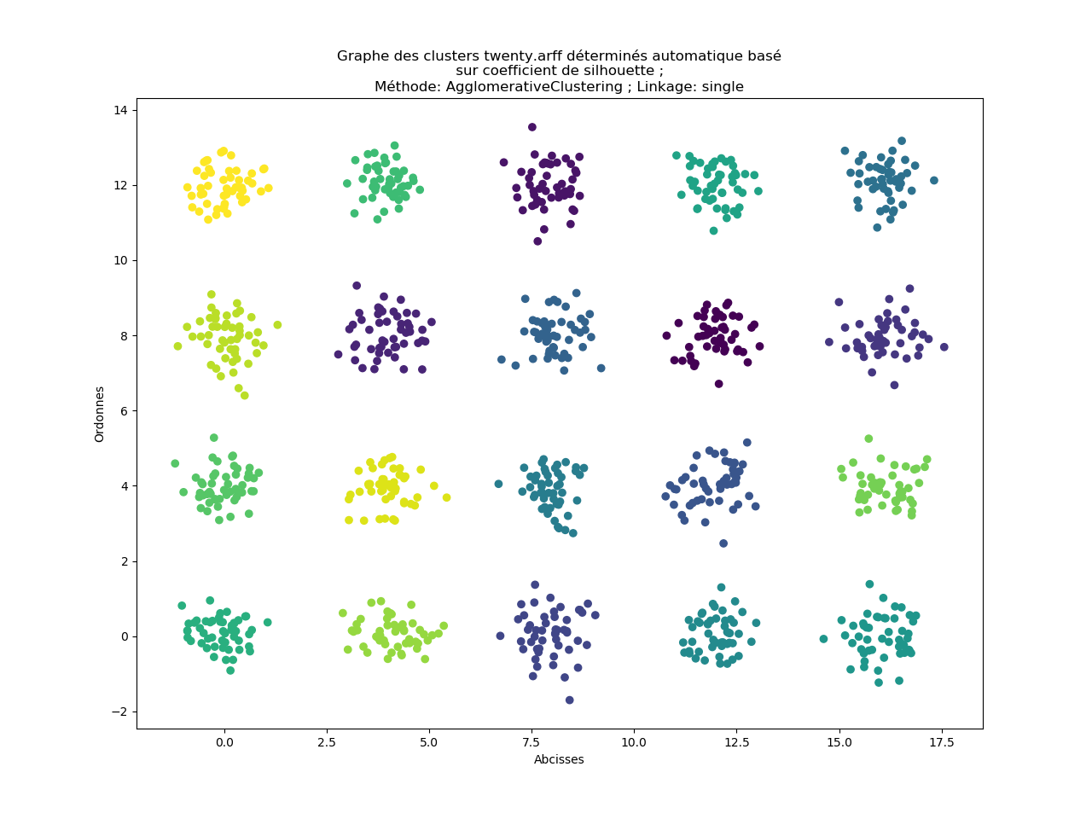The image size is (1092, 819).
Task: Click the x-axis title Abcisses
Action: (x=559, y=759)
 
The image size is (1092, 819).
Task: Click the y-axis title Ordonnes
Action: (x=100, y=414)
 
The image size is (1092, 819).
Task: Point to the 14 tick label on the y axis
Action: (x=121, y=110)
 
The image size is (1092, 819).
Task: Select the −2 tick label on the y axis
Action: (x=118, y=712)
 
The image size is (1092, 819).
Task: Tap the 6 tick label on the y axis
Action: (x=124, y=410)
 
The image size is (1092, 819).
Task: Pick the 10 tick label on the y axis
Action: (x=121, y=260)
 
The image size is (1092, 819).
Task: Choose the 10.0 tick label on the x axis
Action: (x=634, y=743)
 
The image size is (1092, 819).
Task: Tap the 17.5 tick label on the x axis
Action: (x=942, y=743)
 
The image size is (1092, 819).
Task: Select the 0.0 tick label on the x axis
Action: (x=224, y=743)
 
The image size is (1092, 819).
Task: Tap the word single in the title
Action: (x=722, y=87)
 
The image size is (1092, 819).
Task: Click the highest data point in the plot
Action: (x=532, y=127)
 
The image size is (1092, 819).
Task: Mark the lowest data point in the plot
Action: (x=570, y=700)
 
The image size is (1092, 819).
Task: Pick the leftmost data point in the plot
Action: (x=175, y=463)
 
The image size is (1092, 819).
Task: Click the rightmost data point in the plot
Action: (x=944, y=347)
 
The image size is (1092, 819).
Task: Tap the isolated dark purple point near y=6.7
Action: (x=719, y=384)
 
